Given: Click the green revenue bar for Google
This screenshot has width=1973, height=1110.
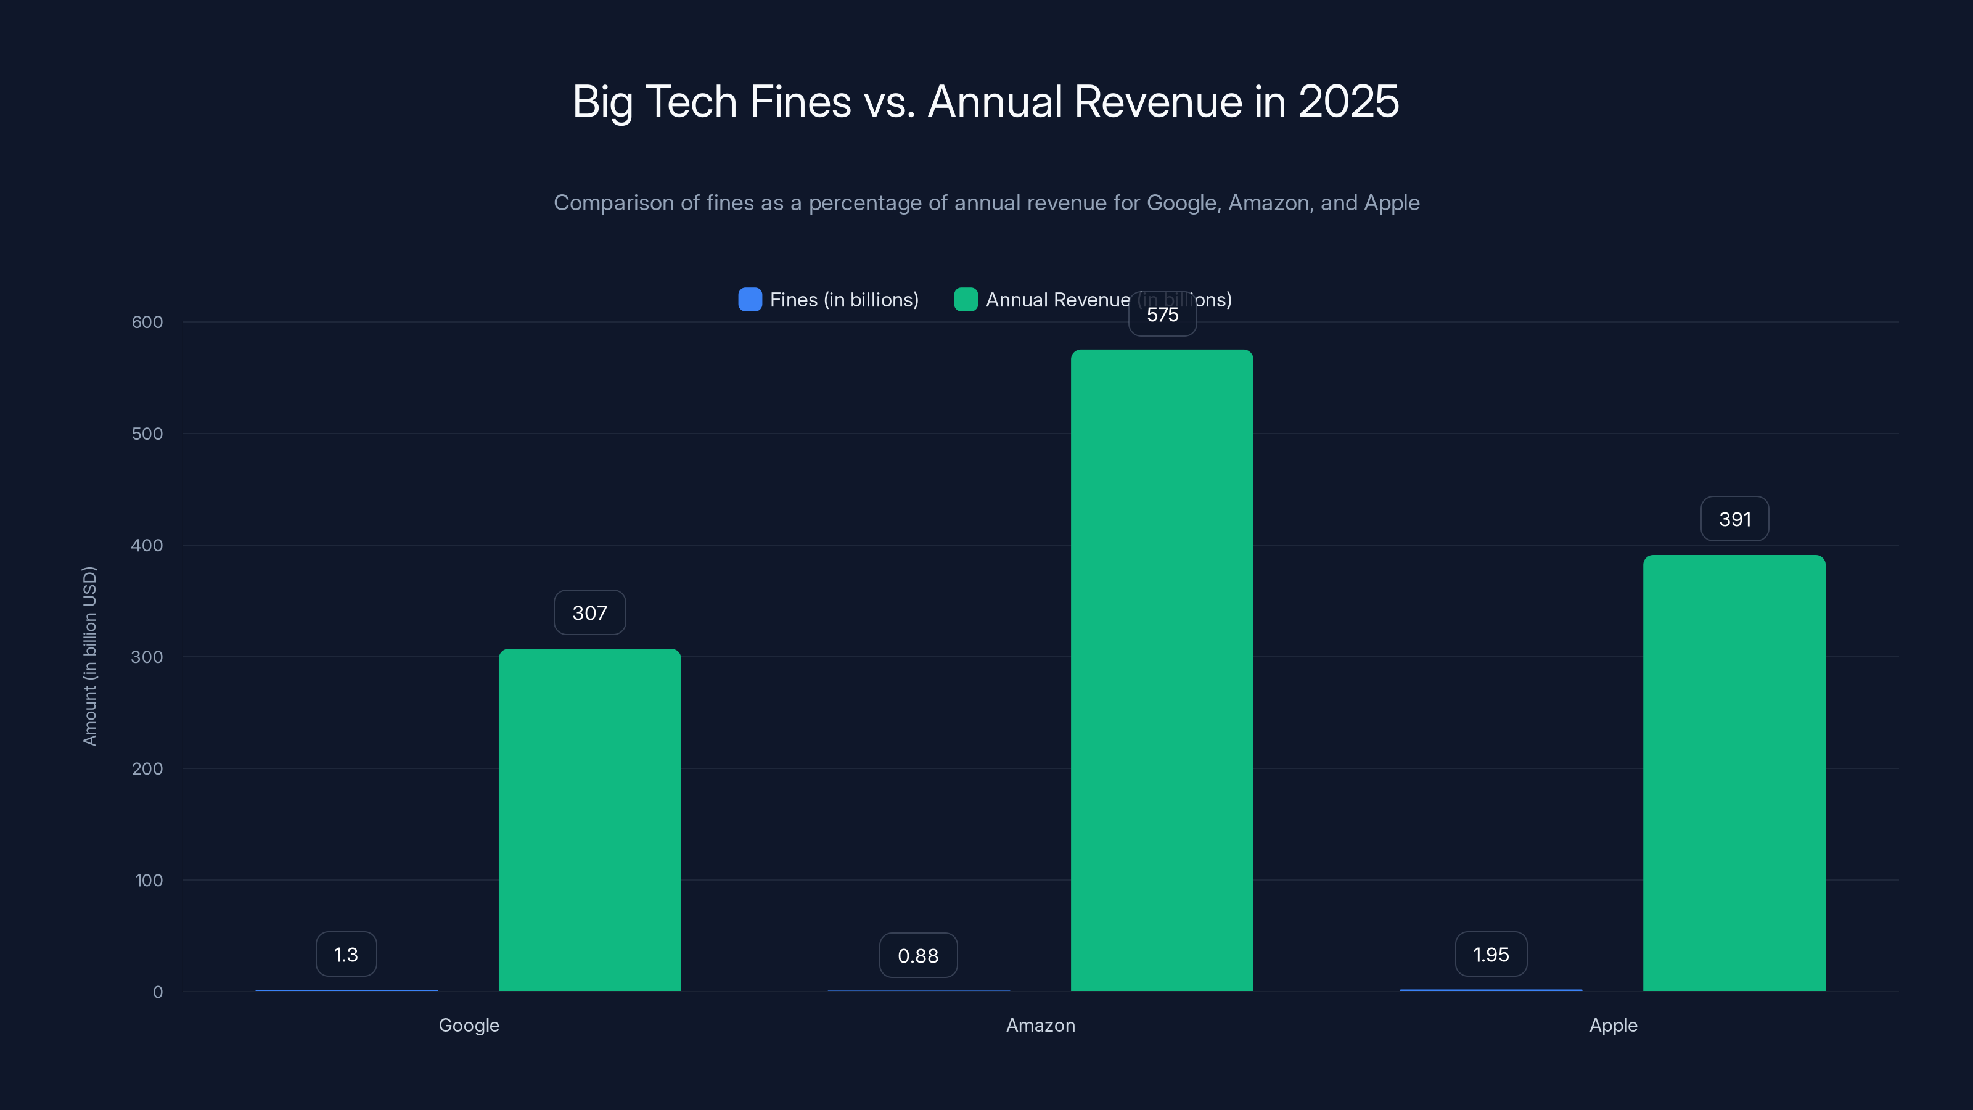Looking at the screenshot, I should point(590,820).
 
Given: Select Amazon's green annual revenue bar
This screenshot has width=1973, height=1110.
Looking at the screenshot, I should point(1162,670).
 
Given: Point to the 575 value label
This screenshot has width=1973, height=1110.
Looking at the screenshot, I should point(1162,316).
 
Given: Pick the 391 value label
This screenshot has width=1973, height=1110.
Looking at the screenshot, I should point(1734,519).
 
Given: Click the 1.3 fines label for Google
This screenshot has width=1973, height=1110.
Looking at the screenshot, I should point(346,955).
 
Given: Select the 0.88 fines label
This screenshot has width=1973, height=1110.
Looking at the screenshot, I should point(918,955).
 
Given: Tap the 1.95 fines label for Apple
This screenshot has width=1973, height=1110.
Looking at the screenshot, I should point(1490,955).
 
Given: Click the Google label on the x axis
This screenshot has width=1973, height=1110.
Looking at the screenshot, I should point(469,1025).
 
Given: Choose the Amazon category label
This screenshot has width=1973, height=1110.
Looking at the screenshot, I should point(1040,1025).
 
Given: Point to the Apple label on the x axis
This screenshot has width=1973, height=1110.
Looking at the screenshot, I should point(1613,1025).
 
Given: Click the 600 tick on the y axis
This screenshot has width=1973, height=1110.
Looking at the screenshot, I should point(147,322).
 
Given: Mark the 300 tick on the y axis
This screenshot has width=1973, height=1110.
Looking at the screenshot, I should point(147,657).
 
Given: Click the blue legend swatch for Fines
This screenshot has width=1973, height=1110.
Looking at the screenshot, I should point(750,300).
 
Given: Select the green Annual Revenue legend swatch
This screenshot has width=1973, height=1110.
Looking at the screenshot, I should point(966,300).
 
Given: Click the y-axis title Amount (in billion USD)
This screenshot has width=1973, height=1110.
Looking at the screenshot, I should point(89,656).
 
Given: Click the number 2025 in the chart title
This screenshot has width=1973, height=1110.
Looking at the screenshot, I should point(1348,101).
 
